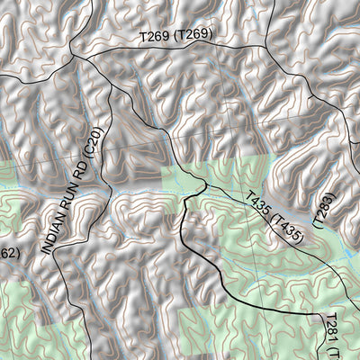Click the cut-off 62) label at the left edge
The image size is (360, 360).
[6, 253]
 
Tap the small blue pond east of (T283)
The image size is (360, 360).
[347, 257]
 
